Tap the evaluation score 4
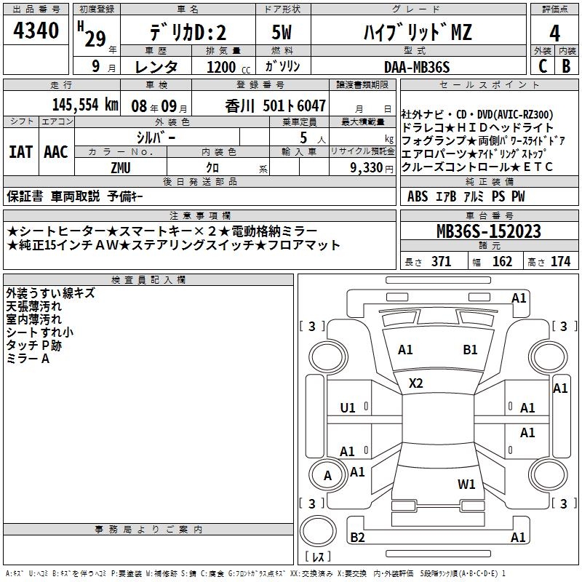(555, 33)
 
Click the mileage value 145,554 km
(86, 104)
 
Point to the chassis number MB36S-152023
(488, 231)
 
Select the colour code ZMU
(120, 167)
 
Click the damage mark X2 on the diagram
(416, 383)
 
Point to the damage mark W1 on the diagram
(466, 484)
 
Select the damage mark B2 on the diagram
(357, 537)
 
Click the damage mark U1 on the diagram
(348, 407)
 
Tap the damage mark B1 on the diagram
(470, 349)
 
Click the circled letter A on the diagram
(327, 476)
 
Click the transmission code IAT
(20, 151)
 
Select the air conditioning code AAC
(55, 151)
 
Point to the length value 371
(441, 261)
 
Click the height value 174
(560, 261)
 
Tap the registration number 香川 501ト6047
(276, 104)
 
